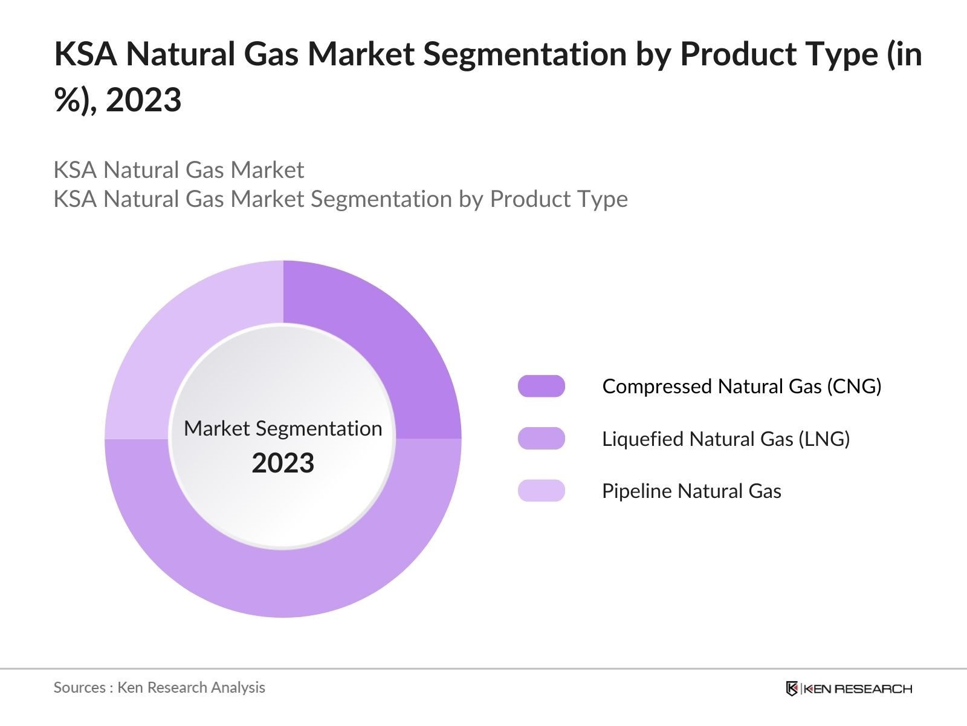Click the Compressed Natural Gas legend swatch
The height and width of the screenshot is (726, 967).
pyautogui.click(x=541, y=386)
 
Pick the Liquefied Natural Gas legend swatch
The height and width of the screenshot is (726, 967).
pyautogui.click(x=541, y=439)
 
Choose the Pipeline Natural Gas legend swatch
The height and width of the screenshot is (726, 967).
pyautogui.click(x=541, y=491)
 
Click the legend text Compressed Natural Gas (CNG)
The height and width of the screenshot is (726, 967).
pyautogui.click(x=742, y=386)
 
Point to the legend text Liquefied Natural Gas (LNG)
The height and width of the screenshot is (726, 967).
pyautogui.click(x=726, y=439)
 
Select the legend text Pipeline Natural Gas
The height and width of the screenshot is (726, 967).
pyautogui.click(x=691, y=491)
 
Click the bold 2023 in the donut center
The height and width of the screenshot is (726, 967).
pyautogui.click(x=283, y=463)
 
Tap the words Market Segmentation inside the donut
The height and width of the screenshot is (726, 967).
pyautogui.click(x=283, y=428)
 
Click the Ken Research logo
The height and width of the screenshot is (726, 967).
pyautogui.click(x=849, y=688)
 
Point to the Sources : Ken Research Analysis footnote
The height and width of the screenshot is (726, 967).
pyautogui.click(x=160, y=687)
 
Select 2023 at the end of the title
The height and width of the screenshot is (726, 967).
pyautogui.click(x=144, y=100)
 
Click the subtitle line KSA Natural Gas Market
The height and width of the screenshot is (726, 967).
pyautogui.click(x=179, y=170)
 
